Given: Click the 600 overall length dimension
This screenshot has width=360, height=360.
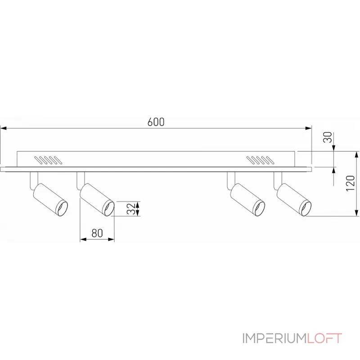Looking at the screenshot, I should click(156, 122).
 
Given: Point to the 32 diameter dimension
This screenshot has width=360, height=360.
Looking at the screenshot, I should click(130, 208).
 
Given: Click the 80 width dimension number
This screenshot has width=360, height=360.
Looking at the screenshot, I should click(97, 233).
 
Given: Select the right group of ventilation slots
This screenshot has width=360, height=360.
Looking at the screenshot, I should click(260, 160).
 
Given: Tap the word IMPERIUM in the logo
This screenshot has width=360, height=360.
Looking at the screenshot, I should click(274, 338).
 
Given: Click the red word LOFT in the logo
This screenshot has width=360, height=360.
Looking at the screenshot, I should click(324, 338).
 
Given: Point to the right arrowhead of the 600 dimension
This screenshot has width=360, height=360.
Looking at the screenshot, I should click(309, 129).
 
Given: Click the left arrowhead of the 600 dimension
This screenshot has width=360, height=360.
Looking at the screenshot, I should click(4, 129).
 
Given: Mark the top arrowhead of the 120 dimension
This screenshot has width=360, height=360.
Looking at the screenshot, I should click(356, 154).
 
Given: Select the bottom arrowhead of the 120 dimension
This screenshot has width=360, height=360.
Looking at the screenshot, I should click(356, 214).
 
